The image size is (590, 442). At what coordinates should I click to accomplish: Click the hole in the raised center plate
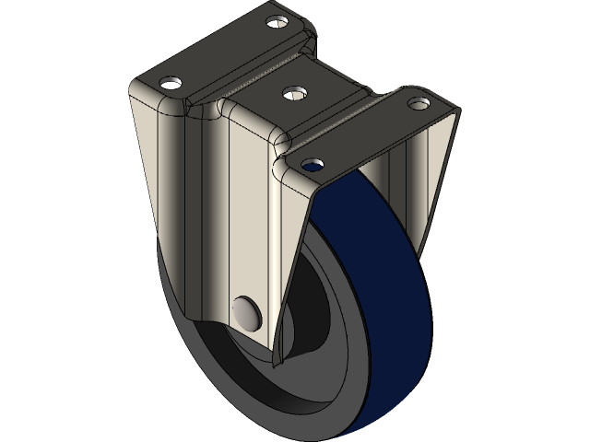[294, 92]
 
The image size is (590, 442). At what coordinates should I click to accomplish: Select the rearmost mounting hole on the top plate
[277, 20]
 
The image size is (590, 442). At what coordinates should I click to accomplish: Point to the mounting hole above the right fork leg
[420, 102]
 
